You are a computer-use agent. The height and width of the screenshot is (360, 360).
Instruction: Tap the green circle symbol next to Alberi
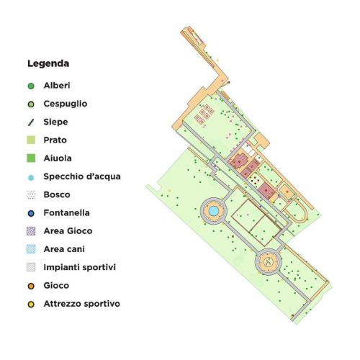[x=31, y=86]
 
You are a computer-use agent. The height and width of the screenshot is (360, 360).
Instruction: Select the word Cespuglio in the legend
[x=66, y=104]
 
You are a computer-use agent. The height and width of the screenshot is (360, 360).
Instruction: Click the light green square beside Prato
[x=31, y=140]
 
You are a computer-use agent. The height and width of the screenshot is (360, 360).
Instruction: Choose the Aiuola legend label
[x=58, y=158]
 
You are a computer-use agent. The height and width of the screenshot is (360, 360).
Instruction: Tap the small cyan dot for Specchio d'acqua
[x=31, y=176]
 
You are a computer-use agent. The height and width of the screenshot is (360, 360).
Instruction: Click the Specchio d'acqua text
[x=82, y=176]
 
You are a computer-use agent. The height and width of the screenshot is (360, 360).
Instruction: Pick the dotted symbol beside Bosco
[x=31, y=194]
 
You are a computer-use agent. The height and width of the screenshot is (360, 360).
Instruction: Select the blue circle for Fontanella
[x=31, y=213]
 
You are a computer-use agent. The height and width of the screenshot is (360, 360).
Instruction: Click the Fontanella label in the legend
[x=67, y=213]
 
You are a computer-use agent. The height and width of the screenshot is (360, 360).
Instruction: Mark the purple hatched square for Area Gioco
[x=31, y=231]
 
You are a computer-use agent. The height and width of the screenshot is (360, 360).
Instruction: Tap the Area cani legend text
[x=64, y=249]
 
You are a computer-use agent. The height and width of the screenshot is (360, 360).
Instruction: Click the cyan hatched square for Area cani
[x=31, y=249]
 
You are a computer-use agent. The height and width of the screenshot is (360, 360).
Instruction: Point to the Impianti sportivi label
[x=80, y=267]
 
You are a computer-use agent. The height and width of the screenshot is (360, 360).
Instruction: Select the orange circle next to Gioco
[x=31, y=286]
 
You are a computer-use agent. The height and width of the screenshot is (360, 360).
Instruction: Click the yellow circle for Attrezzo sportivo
[x=31, y=304]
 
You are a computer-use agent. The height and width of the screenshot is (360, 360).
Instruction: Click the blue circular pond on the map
[x=214, y=210]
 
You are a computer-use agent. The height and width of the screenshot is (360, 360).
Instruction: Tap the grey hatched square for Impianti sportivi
[x=31, y=267]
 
